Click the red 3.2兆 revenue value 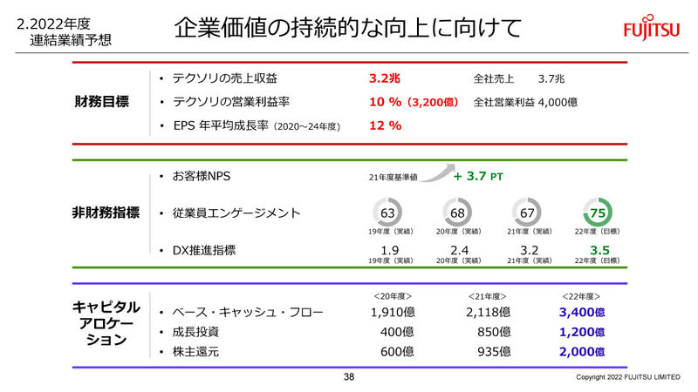[x=385, y=78]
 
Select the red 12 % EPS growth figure [x=385, y=125]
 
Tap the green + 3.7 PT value [x=477, y=176]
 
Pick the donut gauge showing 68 [x=458, y=213]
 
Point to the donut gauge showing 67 [x=527, y=213]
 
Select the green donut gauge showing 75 [x=599, y=213]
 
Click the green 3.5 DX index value [x=599, y=251]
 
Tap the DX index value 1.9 [x=390, y=251]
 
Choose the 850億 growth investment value [x=494, y=332]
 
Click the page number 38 [x=349, y=377]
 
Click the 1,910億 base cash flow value [x=393, y=312]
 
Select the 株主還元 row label [x=196, y=352]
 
